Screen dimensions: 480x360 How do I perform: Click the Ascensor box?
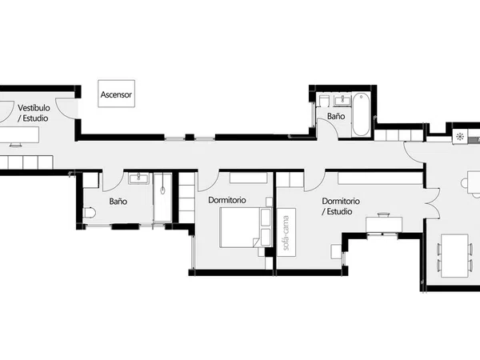click(116, 94)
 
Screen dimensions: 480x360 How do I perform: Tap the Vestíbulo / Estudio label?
click(34, 113)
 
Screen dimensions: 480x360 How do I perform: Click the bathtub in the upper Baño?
click(361, 114)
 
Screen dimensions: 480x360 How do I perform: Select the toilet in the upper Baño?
click(323, 101)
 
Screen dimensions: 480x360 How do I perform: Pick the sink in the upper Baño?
click(342, 101)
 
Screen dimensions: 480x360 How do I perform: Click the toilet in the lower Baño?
click(90, 213)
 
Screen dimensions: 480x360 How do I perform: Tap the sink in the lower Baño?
click(138, 178)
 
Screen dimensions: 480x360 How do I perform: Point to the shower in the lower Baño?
click(162, 198)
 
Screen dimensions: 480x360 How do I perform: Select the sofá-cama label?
click(286, 233)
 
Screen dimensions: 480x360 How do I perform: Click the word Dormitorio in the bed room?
click(227, 200)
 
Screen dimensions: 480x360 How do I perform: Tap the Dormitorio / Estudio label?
click(341, 206)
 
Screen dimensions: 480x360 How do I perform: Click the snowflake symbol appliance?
click(460, 137)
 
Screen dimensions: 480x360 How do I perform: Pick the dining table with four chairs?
click(454, 256)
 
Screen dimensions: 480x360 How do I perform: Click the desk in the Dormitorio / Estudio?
click(384, 224)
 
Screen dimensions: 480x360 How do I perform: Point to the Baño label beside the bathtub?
click(336, 116)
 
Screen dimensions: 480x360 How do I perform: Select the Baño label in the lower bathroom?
click(118, 202)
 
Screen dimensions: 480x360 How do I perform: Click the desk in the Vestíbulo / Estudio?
click(19, 134)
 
